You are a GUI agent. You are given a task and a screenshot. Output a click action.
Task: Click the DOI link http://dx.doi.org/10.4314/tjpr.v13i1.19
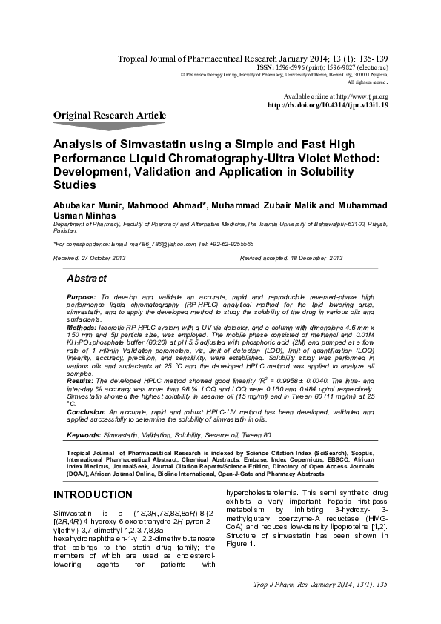(x=327, y=105)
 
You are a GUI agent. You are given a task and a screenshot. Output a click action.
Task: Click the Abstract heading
(x=87, y=279)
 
